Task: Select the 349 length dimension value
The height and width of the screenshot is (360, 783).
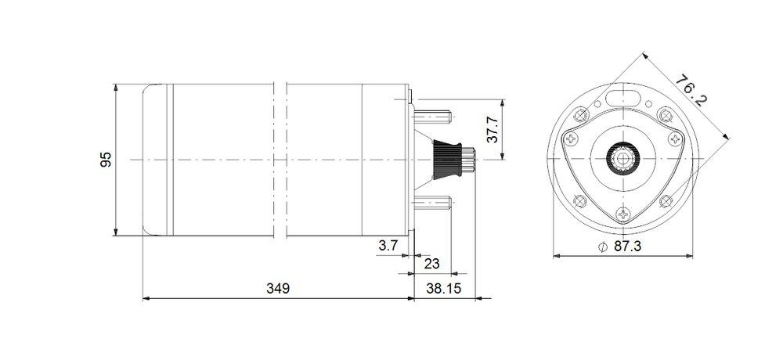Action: point(277,288)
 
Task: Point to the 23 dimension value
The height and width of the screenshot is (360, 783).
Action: point(431,264)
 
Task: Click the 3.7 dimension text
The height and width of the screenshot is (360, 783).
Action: point(388,246)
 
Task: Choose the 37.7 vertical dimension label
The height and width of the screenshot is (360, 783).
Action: point(493,130)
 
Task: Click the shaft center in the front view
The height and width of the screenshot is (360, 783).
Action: point(623,159)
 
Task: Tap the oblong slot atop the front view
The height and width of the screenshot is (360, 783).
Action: point(623,99)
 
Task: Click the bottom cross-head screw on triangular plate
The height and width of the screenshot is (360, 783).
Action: point(623,212)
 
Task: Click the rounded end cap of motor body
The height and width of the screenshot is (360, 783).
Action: point(155,160)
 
